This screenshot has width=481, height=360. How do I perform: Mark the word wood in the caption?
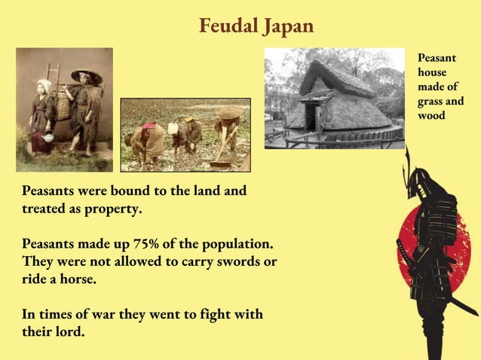431,115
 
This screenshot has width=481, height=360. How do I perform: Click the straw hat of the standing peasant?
87,75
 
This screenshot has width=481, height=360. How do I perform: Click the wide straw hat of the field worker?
230,112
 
